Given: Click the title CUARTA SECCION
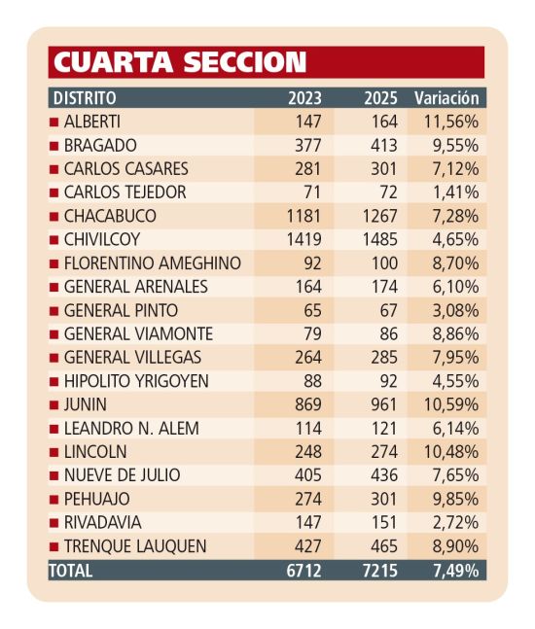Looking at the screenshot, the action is pos(180,62).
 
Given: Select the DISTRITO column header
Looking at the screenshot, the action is pos(85,98).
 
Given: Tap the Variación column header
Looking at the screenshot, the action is pos(446,98).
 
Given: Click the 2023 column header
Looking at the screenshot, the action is pos(304,98).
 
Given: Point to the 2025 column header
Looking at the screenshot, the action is pos(380,98).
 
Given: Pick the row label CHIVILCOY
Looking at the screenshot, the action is pos(102,239).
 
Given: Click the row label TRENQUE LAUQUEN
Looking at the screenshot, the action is pos(135,546).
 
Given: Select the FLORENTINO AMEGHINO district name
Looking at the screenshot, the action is pos(153,263).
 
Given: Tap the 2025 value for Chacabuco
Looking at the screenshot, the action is pos(380,216).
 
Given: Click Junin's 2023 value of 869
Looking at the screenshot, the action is pos(308,404).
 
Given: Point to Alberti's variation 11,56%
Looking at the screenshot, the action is pos(451,122).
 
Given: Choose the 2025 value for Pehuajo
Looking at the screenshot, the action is pos(383,499).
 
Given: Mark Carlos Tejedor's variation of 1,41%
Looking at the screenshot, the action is pos(455,192).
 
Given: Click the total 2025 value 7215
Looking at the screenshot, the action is pos(380,571).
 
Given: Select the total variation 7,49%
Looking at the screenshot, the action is pos(455,571).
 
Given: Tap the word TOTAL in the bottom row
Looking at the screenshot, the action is pos(71,571).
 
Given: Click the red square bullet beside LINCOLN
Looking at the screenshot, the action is pos(53,452).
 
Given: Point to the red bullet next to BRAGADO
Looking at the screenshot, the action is pos(53,146).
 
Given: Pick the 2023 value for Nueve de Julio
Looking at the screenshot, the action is pos(308,475).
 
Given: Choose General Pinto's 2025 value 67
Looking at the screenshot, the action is pos(388,310).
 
